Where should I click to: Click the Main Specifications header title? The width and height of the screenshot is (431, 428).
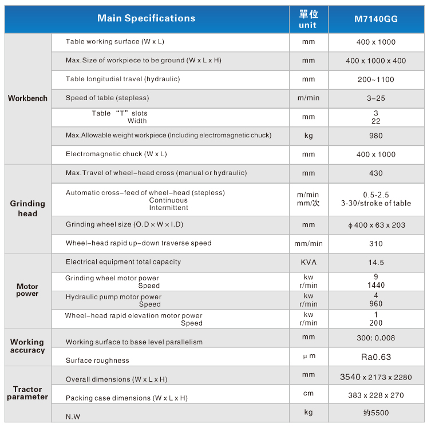point(146,18)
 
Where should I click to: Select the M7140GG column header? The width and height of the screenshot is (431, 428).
point(376,19)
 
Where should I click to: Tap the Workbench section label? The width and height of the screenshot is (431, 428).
point(27,98)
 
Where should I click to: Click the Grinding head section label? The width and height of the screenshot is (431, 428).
point(27,208)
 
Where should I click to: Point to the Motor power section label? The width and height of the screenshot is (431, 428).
point(27,290)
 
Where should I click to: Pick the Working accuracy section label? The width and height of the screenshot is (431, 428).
point(27,346)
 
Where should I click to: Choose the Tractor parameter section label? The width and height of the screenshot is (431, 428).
point(27,393)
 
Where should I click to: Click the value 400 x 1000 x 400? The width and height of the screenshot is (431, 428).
point(376,61)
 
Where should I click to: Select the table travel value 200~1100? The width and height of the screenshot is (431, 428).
point(376,80)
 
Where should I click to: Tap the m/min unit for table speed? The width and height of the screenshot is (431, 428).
point(309,98)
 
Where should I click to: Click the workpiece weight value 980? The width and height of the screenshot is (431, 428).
point(376,136)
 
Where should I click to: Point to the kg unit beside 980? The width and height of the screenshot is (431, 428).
point(309,136)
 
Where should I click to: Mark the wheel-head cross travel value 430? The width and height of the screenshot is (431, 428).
point(376,173)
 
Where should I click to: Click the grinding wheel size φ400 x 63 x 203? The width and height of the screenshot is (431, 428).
point(376,225)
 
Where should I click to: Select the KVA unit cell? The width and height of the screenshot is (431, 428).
point(309,262)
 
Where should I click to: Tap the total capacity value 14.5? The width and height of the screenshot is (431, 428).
point(376,263)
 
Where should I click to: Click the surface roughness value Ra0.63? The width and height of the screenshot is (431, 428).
point(376,357)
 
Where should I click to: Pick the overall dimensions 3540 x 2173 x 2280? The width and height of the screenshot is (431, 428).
point(376,377)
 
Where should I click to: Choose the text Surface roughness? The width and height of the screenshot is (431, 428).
point(97,360)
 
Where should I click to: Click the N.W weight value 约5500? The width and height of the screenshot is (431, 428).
point(376,413)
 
